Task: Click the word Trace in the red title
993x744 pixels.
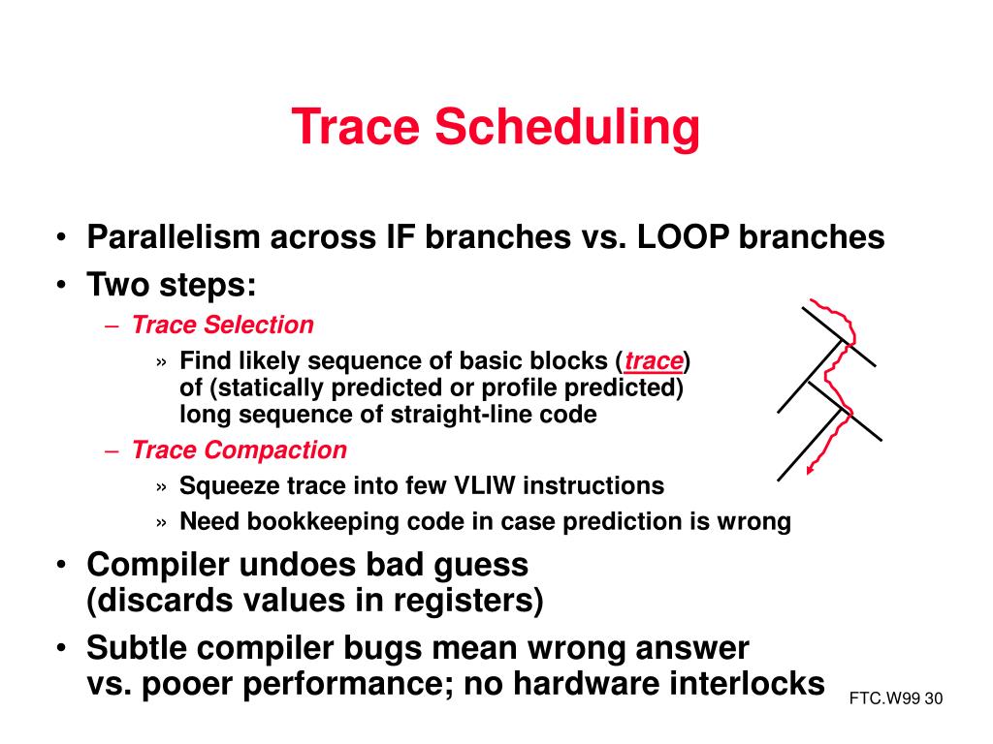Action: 355,127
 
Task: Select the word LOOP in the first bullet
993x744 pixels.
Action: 683,237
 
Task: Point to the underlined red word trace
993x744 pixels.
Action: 654,361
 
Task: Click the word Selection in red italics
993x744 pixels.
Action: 259,325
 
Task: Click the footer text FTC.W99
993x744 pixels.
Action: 884,698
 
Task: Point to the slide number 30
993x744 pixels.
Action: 934,698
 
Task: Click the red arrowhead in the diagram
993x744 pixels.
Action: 810,469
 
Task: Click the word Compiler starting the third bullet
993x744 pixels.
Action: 158,565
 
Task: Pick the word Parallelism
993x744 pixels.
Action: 174,237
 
